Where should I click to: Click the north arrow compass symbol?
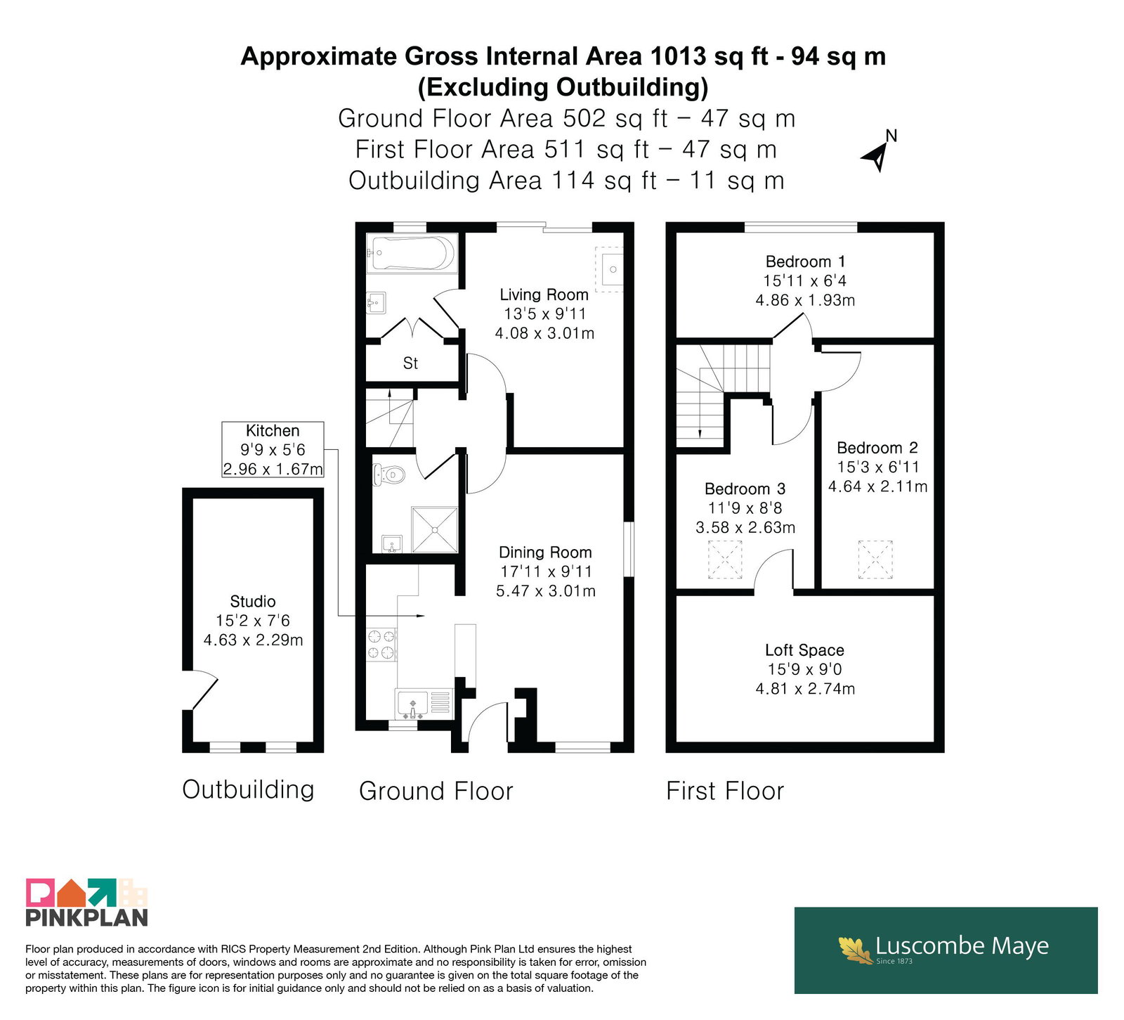pyautogui.click(x=878, y=151)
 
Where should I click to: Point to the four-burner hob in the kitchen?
pyautogui.click(x=381, y=645)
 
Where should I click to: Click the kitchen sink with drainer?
pyautogui.click(x=424, y=704)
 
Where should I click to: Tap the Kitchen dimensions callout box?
pyautogui.click(x=273, y=450)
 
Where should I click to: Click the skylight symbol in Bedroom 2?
pyautogui.click(x=875, y=560)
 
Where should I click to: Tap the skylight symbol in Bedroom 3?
pyautogui.click(x=725, y=560)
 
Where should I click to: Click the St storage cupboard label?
pyautogui.click(x=410, y=363)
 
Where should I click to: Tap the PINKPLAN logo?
pyautogui.click(x=87, y=902)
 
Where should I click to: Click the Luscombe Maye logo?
pyautogui.click(x=946, y=950)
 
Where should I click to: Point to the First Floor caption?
pyautogui.click(x=725, y=791)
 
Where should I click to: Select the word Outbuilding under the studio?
pyautogui.click(x=248, y=789)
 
